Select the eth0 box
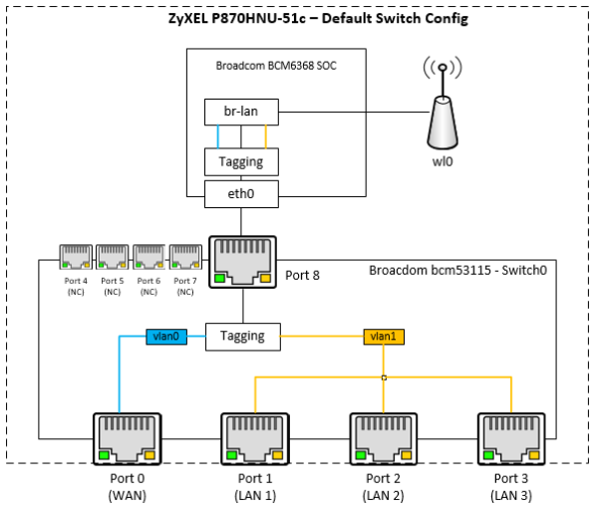[x=241, y=195]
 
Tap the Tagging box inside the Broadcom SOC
[x=241, y=161]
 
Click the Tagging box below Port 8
[x=242, y=337]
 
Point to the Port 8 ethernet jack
[x=242, y=260]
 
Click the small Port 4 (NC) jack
[x=76, y=257]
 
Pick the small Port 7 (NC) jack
[x=185, y=257]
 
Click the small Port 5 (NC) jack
[x=113, y=257]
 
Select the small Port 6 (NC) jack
[x=149, y=257]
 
